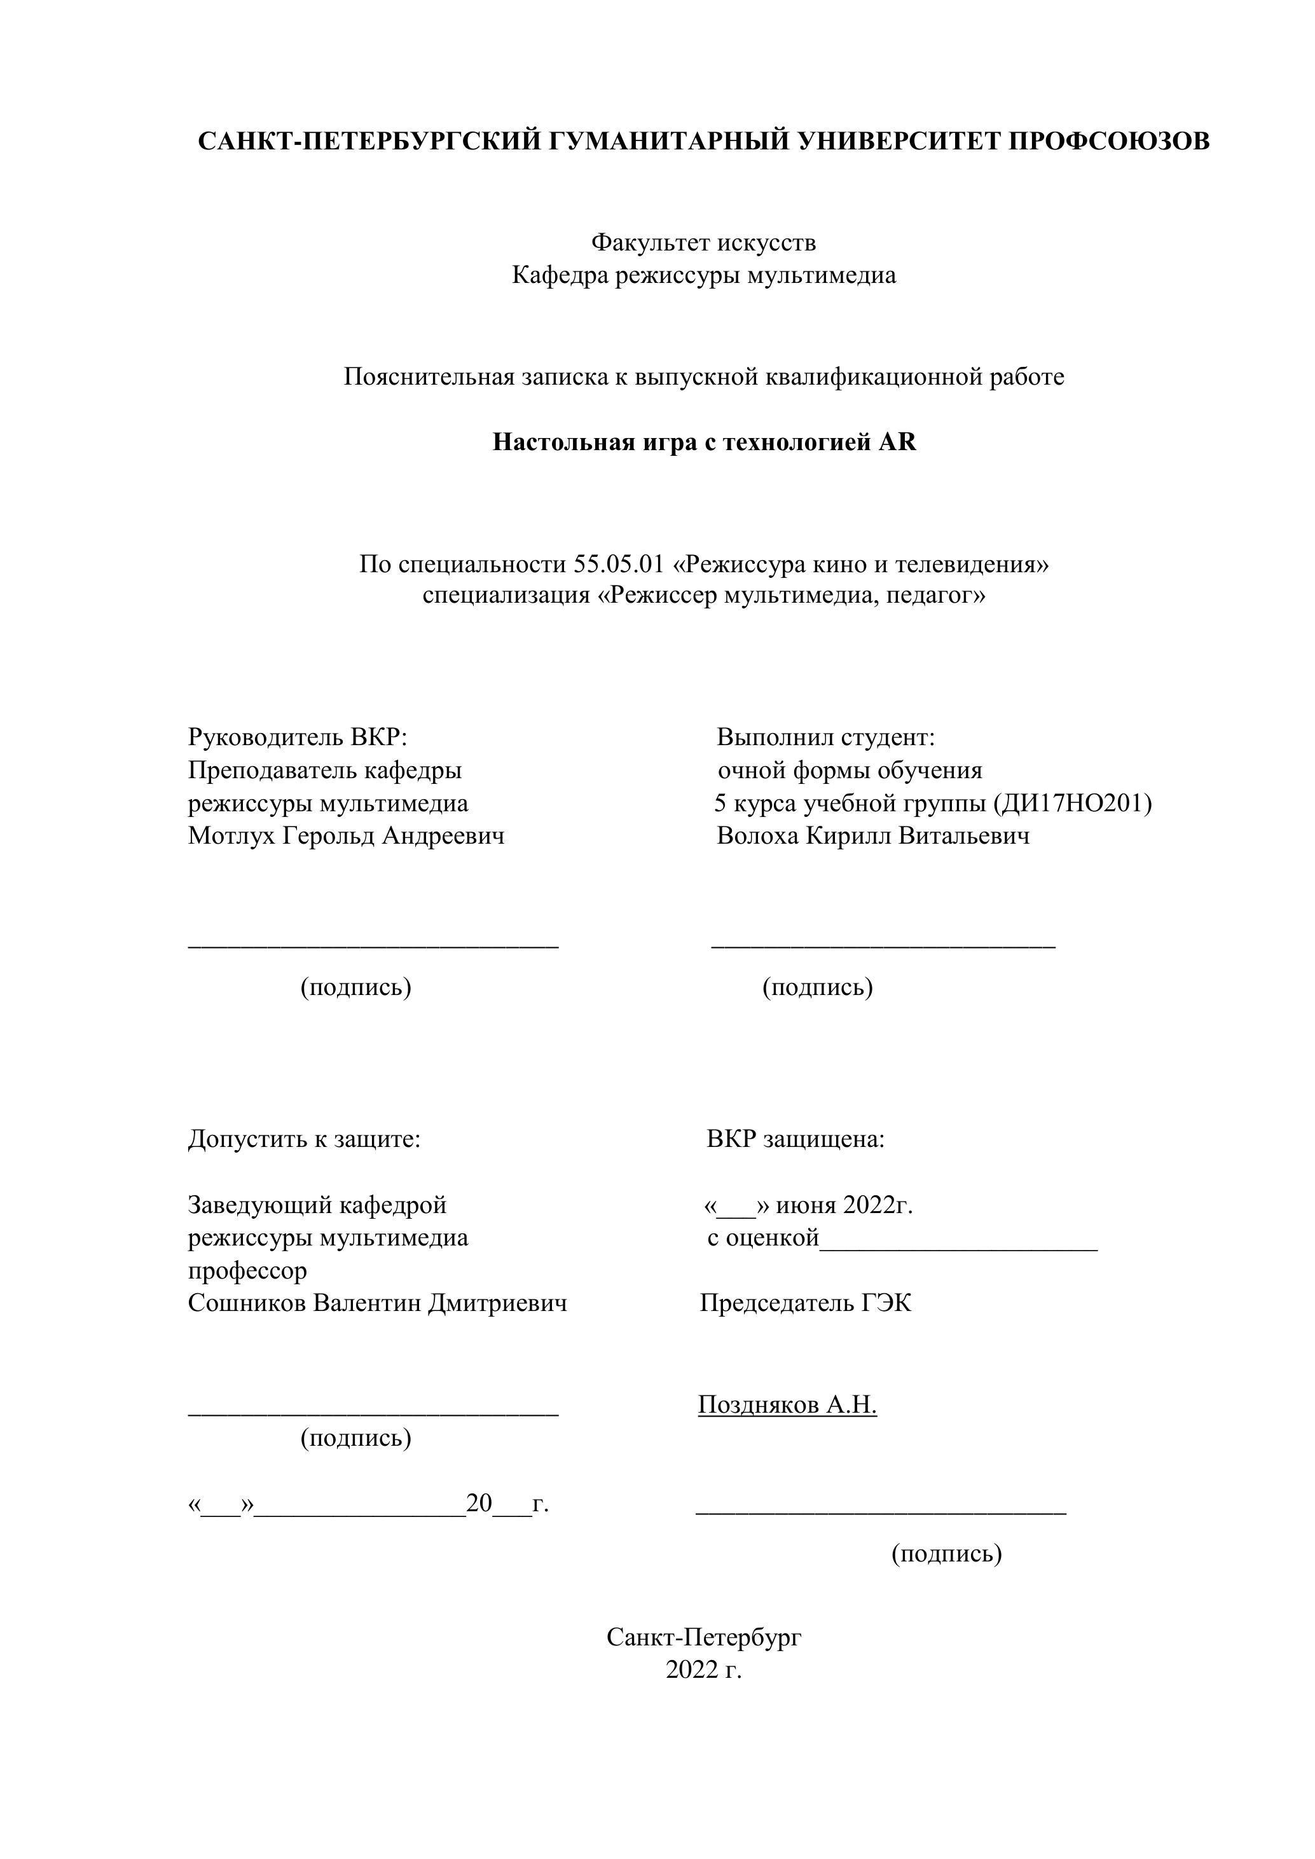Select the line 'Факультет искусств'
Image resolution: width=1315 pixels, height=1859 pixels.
coord(703,242)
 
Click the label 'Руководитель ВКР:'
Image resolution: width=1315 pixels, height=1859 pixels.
coord(297,737)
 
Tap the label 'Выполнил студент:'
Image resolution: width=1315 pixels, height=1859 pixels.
coord(826,737)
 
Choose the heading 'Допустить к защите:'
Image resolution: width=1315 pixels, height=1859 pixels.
coord(305,1139)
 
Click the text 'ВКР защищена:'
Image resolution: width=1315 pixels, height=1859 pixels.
coord(795,1139)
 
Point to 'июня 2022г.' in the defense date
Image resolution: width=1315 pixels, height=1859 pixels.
coord(844,1205)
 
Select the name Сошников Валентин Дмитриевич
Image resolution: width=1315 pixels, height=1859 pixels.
coord(377,1303)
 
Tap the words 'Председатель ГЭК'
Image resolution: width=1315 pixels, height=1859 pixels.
coord(806,1303)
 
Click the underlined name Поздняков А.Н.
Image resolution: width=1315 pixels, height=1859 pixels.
coord(787,1405)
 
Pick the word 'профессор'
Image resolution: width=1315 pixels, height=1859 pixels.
coord(248,1270)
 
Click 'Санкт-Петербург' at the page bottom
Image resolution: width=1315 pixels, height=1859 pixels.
coord(704,1637)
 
